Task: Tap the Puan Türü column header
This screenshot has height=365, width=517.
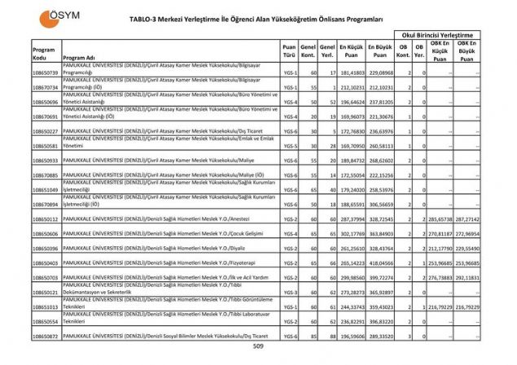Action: tap(289, 53)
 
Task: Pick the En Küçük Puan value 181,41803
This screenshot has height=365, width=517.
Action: tap(351, 73)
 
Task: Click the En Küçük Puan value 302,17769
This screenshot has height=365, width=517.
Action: tap(351, 233)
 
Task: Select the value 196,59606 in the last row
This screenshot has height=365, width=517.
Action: tap(351, 335)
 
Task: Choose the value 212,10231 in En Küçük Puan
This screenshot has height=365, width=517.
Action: tap(351, 88)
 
